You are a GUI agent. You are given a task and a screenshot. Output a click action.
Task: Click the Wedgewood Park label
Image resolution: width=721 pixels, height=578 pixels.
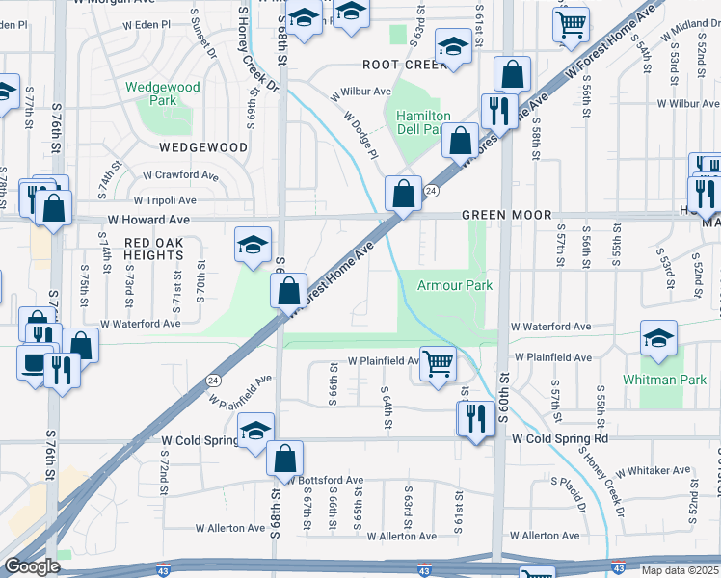[162, 93]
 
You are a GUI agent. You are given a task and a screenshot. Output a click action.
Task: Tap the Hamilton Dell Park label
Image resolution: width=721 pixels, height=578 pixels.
[423, 122]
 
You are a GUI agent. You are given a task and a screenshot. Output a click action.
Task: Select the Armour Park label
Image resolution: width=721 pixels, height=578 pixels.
[454, 285]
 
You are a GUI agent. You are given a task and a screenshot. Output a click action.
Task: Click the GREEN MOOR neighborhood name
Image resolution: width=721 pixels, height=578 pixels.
[506, 215]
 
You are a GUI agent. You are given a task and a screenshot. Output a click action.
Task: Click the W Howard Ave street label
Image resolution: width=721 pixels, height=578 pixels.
[150, 220]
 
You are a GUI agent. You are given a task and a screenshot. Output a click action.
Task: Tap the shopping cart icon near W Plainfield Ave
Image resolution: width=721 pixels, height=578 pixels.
[438, 364]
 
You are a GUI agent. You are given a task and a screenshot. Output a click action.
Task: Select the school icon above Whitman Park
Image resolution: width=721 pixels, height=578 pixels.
[658, 337]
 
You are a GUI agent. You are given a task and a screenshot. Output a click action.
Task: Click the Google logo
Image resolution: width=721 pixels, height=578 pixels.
[32, 565]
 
